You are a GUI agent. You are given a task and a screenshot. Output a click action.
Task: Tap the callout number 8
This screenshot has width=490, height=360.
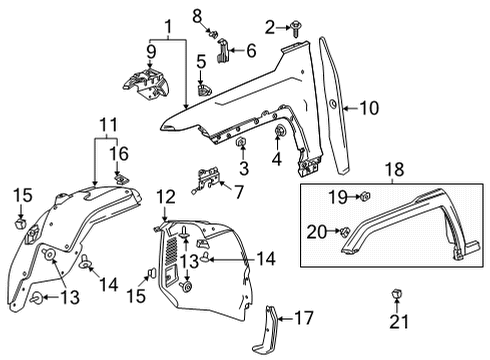(198, 14)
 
